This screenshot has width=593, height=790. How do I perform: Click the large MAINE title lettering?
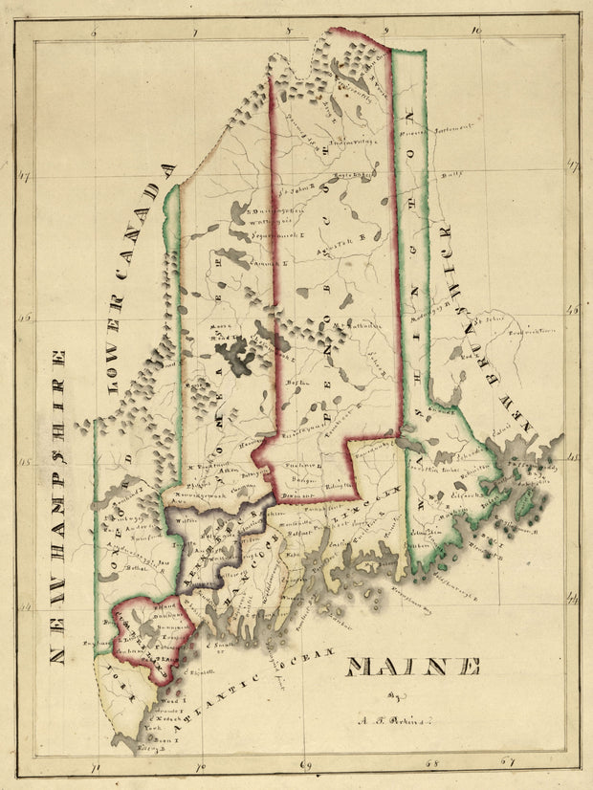(412, 666)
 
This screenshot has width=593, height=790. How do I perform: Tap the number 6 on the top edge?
(94, 32)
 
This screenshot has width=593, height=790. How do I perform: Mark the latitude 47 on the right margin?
(572, 167)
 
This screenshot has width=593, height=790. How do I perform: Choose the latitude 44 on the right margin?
(572, 600)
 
